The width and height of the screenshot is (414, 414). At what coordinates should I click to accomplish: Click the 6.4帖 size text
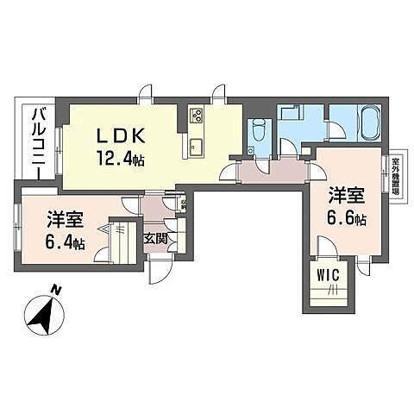click(x=66, y=242)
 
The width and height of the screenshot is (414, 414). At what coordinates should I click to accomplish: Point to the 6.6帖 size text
click(x=346, y=218)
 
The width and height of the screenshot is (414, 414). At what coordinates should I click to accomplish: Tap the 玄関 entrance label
click(x=155, y=237)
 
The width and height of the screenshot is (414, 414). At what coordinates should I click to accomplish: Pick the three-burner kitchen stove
click(x=196, y=116)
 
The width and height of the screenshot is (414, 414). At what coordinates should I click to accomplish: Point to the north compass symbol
click(x=43, y=317)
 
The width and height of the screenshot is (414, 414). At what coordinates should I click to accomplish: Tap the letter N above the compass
click(x=55, y=291)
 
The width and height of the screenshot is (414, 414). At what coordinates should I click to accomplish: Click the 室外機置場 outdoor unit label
click(x=395, y=179)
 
